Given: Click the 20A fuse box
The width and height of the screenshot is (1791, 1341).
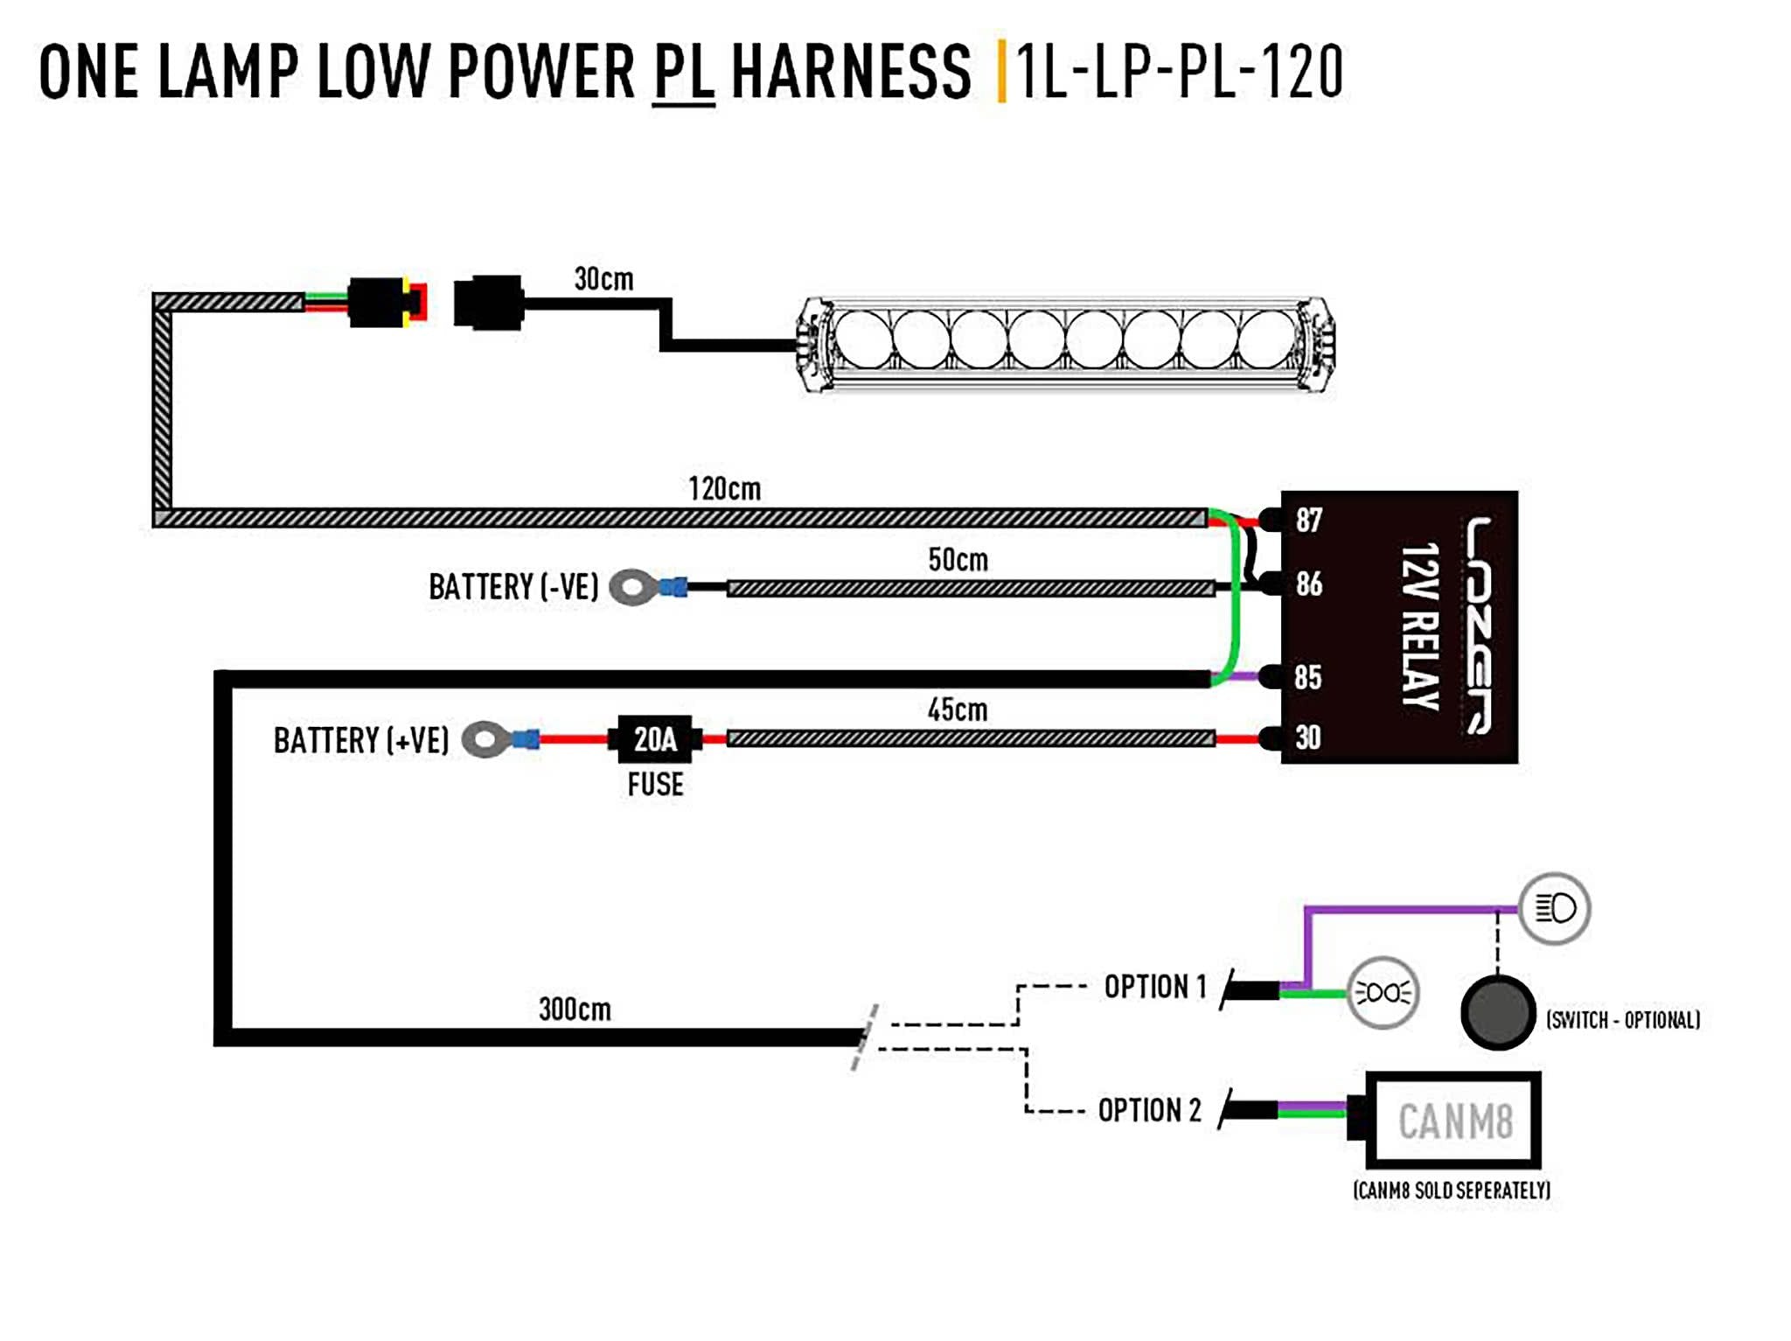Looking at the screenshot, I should (x=655, y=739).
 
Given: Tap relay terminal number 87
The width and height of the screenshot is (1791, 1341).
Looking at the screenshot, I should (x=1308, y=520).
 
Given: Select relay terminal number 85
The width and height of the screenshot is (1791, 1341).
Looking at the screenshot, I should (x=1308, y=676).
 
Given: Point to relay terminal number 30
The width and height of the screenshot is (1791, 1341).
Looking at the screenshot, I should (x=1308, y=737).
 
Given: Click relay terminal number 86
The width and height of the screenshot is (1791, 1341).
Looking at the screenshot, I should (x=1308, y=583).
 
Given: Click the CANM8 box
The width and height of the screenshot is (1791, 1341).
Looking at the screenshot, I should (x=1454, y=1121).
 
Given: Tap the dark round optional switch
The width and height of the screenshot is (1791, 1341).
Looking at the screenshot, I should (x=1497, y=1012).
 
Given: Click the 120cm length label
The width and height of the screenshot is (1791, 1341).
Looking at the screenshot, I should (x=724, y=488).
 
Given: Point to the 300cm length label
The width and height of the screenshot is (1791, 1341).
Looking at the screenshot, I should (x=575, y=1009).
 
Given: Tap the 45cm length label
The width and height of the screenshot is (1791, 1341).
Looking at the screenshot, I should (x=958, y=709).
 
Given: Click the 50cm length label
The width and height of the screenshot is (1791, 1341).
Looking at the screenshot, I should (x=958, y=559).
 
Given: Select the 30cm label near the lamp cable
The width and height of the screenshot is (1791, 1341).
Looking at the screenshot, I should (x=603, y=279).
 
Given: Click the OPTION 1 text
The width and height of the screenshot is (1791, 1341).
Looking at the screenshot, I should (x=1154, y=987).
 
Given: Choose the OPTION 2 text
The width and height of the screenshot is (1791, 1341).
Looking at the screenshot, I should (x=1149, y=1110).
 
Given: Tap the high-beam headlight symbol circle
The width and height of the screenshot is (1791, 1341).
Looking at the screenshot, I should (x=1554, y=908).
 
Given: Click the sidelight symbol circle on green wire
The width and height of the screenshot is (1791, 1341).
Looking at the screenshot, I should (x=1383, y=992).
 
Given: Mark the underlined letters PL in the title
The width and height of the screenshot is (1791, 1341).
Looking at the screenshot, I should (x=683, y=72).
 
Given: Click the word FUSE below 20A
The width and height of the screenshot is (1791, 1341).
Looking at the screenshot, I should (x=655, y=784).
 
